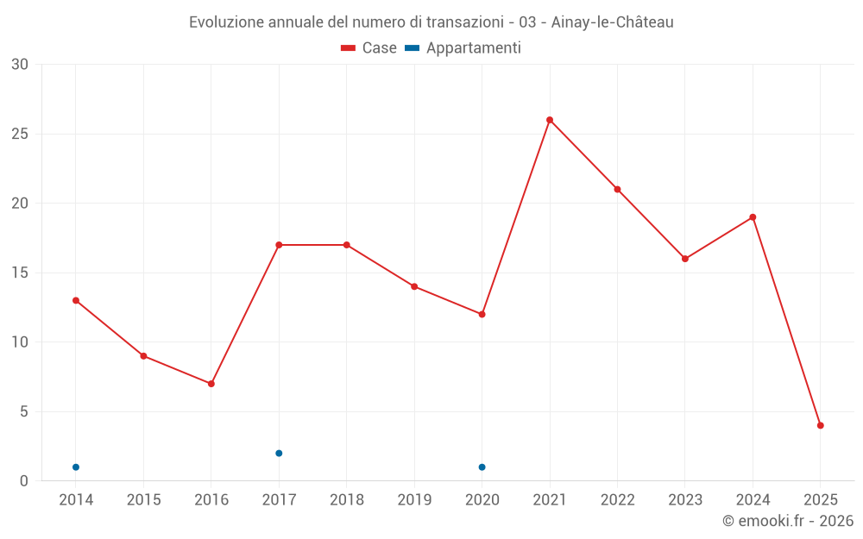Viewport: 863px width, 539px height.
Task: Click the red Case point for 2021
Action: click(550, 120)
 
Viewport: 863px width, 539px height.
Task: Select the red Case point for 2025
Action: click(821, 425)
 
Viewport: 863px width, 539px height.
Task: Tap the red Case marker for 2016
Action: click(211, 384)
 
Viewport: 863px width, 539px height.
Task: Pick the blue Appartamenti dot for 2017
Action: click(279, 453)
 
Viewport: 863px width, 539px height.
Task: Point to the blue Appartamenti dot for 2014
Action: click(76, 467)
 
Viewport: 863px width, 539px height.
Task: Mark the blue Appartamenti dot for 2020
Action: click(482, 467)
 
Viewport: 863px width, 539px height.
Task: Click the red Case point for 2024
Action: click(753, 217)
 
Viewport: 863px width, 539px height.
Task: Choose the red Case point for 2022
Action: click(617, 190)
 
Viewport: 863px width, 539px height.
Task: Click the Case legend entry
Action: click(369, 48)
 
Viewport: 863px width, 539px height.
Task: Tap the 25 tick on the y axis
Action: click(20, 135)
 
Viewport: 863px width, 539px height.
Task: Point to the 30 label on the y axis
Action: click(20, 65)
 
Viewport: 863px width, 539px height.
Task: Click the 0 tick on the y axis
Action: click(24, 481)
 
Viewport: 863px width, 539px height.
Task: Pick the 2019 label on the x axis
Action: click(414, 500)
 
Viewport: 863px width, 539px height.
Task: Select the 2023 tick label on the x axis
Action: click(685, 500)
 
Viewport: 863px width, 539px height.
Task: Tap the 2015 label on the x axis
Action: click(143, 500)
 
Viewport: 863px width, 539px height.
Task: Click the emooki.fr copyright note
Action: click(788, 521)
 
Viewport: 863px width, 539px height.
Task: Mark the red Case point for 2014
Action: click(76, 300)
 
